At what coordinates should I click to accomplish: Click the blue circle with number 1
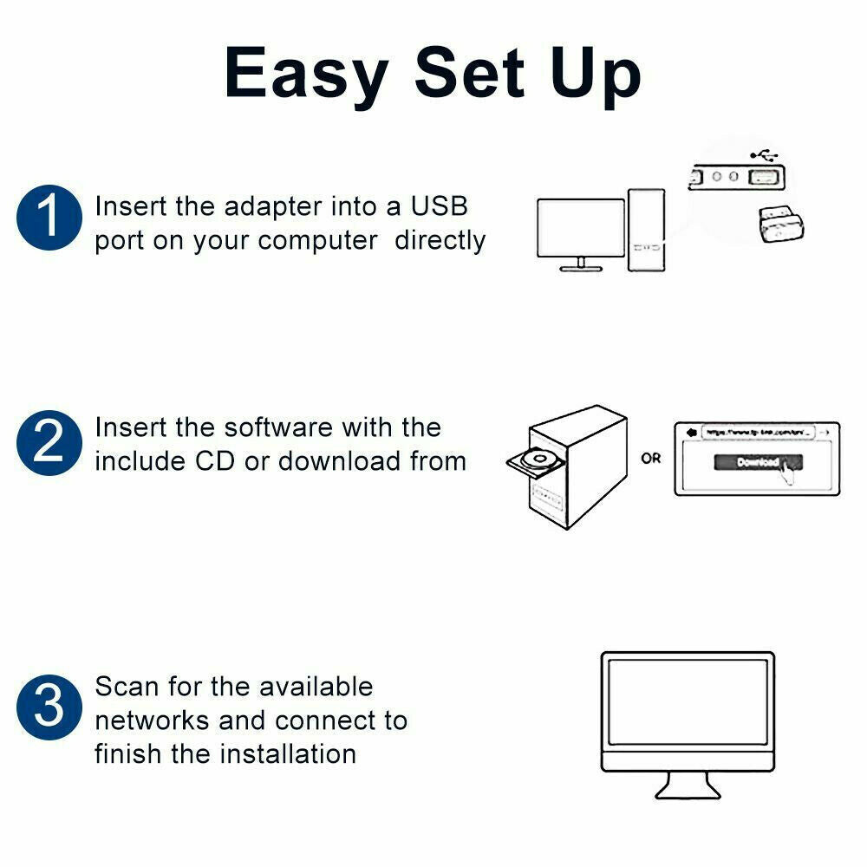click(x=49, y=218)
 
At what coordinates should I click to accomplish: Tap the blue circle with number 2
click(x=49, y=443)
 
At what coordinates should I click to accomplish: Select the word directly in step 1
click(x=440, y=240)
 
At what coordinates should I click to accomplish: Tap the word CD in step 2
click(x=216, y=461)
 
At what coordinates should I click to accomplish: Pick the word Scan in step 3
click(x=127, y=687)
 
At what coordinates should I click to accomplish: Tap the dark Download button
click(x=758, y=462)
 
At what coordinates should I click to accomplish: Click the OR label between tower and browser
click(x=650, y=458)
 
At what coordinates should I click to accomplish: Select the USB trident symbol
click(x=764, y=155)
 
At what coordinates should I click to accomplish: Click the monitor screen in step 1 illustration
click(x=580, y=228)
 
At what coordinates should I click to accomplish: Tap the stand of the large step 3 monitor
click(x=687, y=786)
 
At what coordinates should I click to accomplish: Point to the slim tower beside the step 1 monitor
click(x=646, y=230)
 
